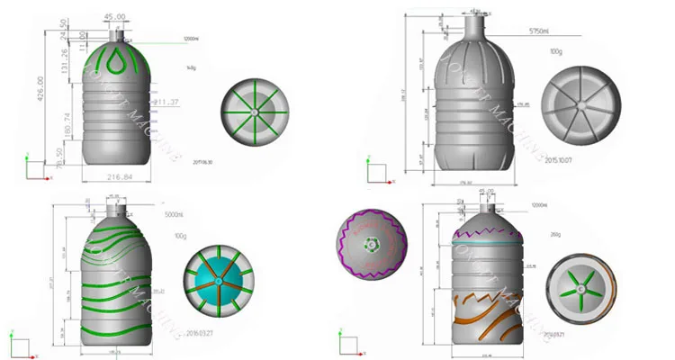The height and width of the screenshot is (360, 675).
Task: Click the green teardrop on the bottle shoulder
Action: (x=114, y=63)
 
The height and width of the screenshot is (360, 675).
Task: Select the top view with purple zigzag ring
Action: (x=373, y=246)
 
